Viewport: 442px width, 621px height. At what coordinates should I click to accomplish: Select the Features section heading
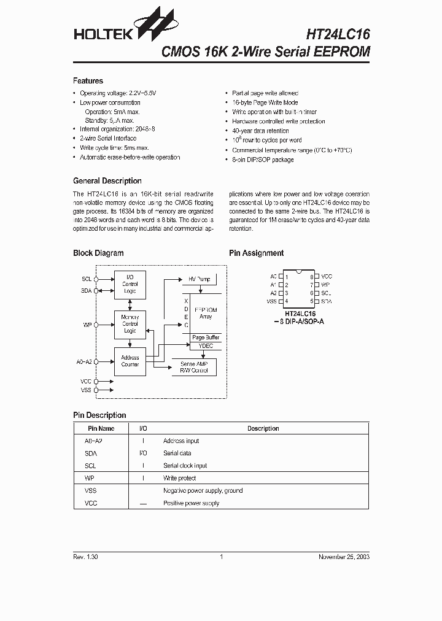[x=88, y=81]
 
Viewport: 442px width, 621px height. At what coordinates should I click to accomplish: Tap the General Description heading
[x=107, y=181]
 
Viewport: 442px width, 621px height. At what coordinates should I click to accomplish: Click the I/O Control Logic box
[x=130, y=285]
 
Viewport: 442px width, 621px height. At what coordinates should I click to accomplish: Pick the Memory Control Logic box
[x=130, y=324]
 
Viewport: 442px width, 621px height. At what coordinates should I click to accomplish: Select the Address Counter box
[x=130, y=361]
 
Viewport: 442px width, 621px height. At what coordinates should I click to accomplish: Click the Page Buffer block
[x=206, y=337]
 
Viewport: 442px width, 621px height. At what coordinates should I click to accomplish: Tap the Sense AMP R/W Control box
[x=193, y=367]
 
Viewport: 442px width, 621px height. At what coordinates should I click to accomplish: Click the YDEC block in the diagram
[x=206, y=346]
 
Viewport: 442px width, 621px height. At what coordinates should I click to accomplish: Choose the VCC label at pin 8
[x=327, y=277]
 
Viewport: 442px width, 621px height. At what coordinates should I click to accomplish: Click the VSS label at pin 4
[x=271, y=301]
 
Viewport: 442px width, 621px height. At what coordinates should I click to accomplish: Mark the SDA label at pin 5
[x=327, y=301]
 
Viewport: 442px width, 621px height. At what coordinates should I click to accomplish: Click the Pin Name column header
[x=101, y=428]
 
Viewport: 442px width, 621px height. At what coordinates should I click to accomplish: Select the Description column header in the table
[x=263, y=428]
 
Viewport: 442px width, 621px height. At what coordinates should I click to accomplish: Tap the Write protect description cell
[x=179, y=478]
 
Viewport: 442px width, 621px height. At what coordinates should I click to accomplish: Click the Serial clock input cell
[x=185, y=466]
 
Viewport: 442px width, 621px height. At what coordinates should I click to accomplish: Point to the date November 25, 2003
[x=344, y=557]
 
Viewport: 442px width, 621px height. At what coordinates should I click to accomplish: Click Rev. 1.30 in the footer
[x=85, y=557]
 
